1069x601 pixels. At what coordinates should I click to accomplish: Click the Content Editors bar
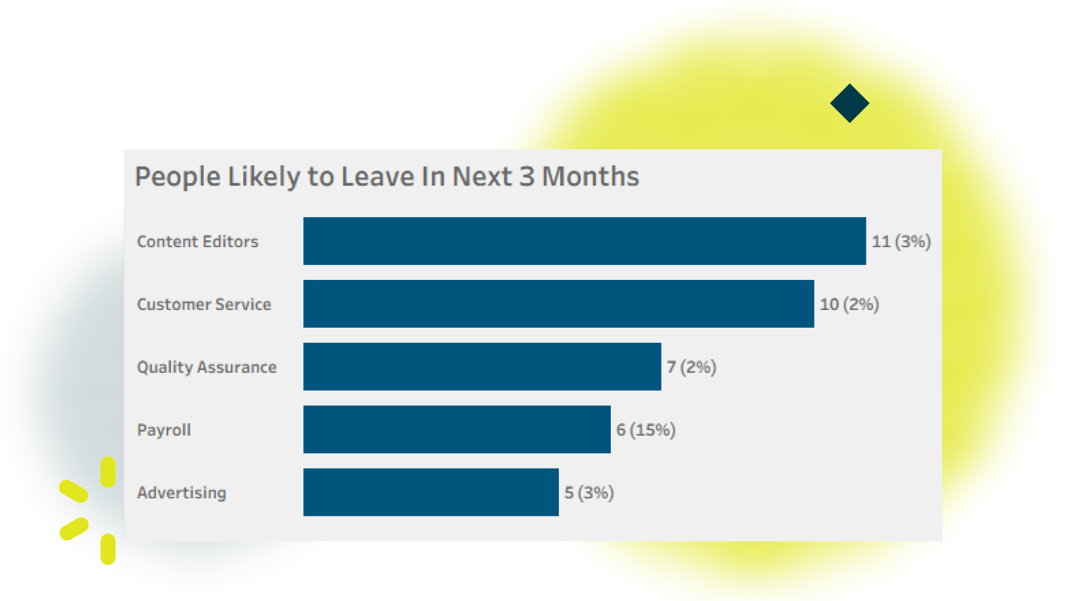(x=585, y=241)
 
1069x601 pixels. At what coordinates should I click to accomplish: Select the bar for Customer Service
(x=558, y=304)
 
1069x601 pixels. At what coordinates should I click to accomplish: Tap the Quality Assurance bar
(x=482, y=367)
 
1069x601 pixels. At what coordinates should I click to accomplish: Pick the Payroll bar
(x=457, y=430)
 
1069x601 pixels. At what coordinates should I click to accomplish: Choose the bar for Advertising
(x=431, y=492)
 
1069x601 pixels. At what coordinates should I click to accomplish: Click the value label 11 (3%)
(x=901, y=242)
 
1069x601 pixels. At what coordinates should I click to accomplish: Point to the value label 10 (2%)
(x=850, y=304)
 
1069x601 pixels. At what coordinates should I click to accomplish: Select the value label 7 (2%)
(x=692, y=367)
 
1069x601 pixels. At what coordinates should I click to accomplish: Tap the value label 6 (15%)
(x=646, y=430)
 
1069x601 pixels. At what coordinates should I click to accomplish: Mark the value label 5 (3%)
(x=589, y=493)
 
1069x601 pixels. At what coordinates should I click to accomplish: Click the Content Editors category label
(x=198, y=242)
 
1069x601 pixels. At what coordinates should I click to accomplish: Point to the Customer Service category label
(x=204, y=304)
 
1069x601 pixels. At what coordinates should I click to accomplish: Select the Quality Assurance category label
(x=207, y=368)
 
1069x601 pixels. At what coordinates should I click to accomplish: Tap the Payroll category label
(x=164, y=430)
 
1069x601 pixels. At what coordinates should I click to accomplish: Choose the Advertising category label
(x=182, y=493)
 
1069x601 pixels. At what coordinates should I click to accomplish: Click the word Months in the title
(x=591, y=176)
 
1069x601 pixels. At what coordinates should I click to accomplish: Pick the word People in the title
(x=178, y=178)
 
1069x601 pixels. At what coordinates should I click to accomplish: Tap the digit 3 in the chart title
(x=527, y=176)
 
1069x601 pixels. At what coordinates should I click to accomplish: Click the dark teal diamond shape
(x=850, y=103)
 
